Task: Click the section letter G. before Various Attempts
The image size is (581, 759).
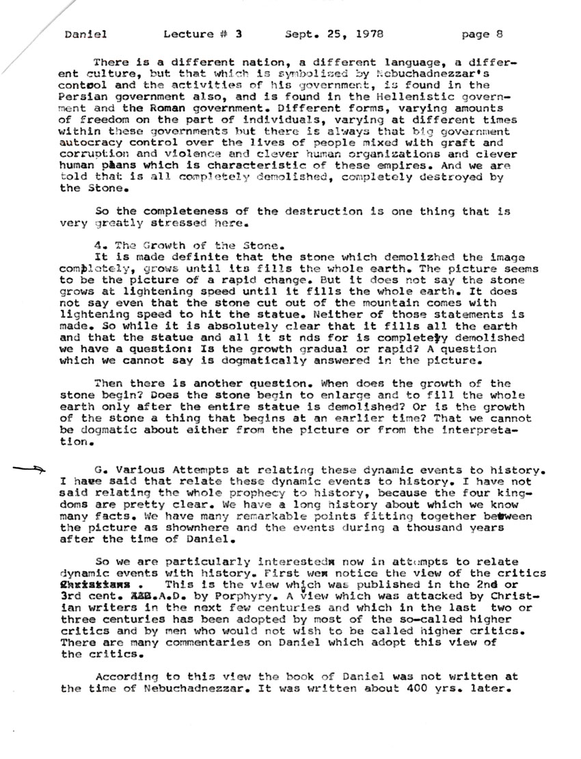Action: click(x=100, y=471)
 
